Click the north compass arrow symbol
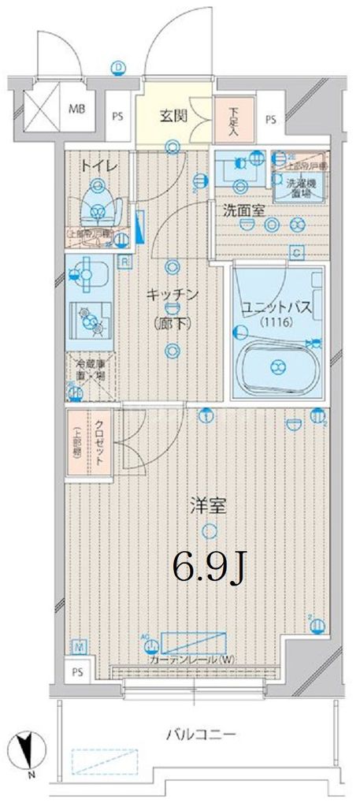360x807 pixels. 29,749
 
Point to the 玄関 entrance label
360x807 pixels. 173,117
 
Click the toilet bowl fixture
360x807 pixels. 98,207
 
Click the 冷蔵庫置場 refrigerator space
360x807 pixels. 90,371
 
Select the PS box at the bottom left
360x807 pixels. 76,672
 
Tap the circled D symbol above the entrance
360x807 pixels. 117,67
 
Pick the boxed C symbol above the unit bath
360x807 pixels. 296,253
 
